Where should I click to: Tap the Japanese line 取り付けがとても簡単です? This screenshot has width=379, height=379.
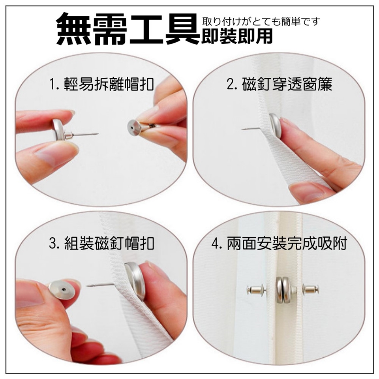[x=261, y=22]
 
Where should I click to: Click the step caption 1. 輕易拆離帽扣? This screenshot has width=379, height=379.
[x=101, y=84]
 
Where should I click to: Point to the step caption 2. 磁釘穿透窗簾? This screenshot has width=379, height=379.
[x=280, y=84]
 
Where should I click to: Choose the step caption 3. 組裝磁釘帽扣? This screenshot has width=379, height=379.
[x=101, y=243]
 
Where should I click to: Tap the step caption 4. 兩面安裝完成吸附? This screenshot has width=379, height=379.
[x=280, y=243]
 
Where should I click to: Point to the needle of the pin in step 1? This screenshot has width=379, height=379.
[x=84, y=134]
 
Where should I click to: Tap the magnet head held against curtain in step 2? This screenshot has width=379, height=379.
[x=275, y=126]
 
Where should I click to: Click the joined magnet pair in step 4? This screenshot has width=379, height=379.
[x=283, y=290]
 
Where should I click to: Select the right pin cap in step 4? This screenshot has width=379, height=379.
[x=311, y=289]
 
